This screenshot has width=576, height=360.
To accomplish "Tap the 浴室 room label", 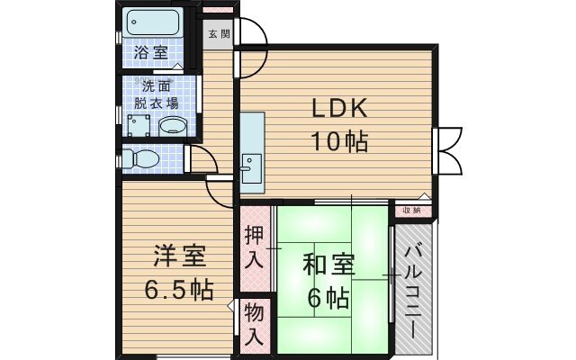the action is pos(150,52).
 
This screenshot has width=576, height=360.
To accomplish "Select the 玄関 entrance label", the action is pos(219,34).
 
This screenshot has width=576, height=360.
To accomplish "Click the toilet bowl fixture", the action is pos(141,159).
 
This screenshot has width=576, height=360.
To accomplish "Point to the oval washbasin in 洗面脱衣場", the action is pos(173,127).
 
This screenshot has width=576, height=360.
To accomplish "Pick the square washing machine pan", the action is pos(139,125).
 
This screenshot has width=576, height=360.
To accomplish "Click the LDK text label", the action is pos(339,108).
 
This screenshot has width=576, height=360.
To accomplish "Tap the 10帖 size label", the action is pos(339,141).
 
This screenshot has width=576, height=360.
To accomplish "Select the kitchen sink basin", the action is pos(252,168).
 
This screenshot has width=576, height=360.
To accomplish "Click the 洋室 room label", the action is pos(180,256).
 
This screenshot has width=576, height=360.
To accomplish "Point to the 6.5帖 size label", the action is pos(179,290).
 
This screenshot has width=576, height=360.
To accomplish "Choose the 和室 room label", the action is pos(328,265).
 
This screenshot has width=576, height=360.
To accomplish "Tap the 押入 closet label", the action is pos(254,247).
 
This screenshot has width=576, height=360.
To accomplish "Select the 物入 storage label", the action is pos(254,324).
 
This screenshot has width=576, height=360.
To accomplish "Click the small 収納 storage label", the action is pos(411,211).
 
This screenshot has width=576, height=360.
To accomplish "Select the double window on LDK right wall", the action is pos(446,150).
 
